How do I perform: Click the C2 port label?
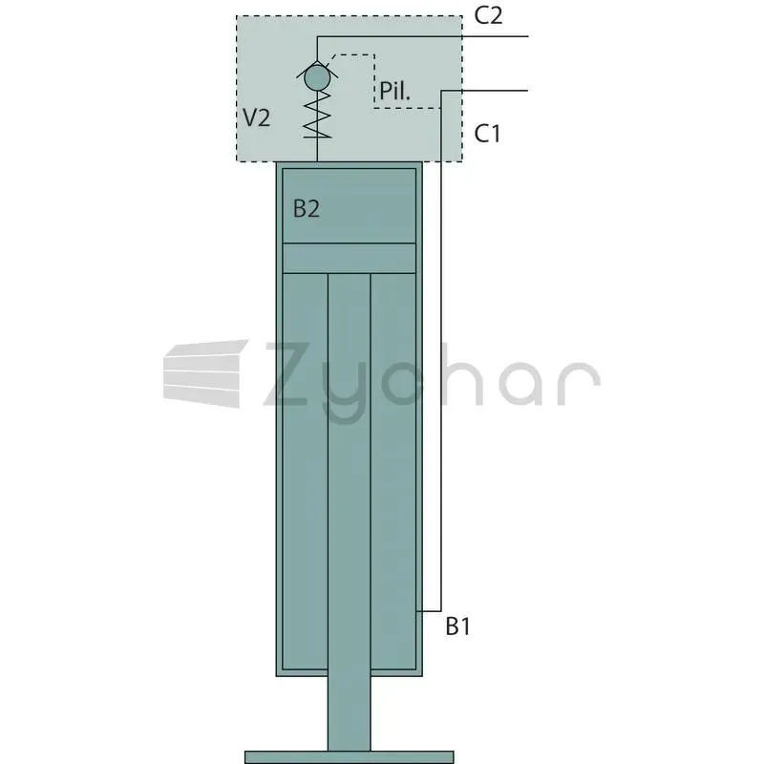click(x=488, y=15)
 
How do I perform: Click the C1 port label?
click(x=487, y=133)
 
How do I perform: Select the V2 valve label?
click(x=256, y=117)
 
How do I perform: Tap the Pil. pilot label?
click(x=394, y=91)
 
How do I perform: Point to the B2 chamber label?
click(x=307, y=208)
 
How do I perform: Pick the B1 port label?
click(x=458, y=626)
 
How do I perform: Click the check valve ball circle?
click(x=317, y=78)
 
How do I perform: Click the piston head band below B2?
click(x=350, y=258)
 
